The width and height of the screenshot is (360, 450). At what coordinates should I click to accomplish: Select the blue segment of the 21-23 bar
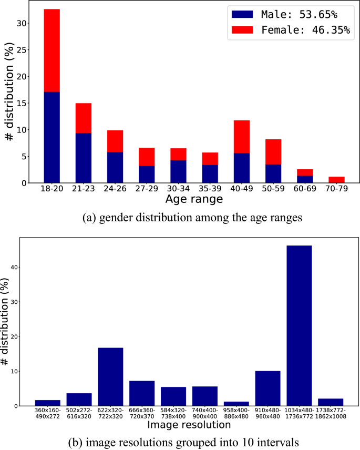coord(83,158)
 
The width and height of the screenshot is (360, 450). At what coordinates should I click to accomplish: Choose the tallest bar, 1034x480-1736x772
coord(299,325)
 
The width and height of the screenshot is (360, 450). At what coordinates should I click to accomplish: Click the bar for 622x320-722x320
coord(110,376)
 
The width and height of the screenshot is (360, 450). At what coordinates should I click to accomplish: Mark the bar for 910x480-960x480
coord(268,388)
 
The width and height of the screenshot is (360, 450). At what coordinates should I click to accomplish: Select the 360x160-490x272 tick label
coord(47,413)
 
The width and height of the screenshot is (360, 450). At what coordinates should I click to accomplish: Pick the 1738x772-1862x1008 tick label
coord(331,413)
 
